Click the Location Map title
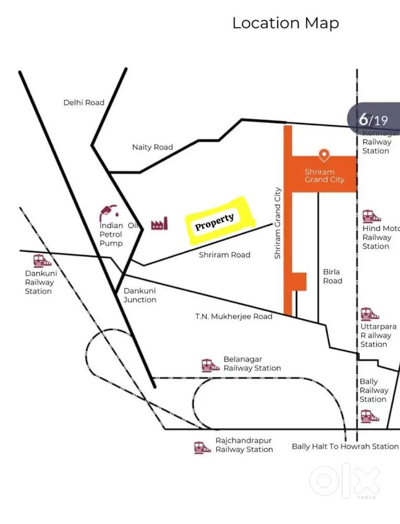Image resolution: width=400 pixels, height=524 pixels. [x=285, y=23]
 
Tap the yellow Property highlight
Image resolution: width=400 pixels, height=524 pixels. [x=219, y=221]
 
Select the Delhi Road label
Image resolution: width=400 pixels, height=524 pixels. [x=84, y=103]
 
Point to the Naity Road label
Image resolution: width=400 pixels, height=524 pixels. [x=152, y=147]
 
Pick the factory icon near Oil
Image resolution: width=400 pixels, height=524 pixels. [x=159, y=223]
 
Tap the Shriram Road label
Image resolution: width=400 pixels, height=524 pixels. [x=224, y=255]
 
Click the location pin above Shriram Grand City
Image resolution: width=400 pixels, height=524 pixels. [x=324, y=155]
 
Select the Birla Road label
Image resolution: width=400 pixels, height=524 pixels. [x=332, y=276]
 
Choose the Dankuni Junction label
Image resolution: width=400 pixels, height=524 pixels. [x=140, y=295]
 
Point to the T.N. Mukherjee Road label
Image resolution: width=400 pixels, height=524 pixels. [x=234, y=316]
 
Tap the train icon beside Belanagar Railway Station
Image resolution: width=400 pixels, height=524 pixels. [x=210, y=365]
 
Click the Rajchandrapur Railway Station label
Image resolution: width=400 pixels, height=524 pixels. [x=244, y=445]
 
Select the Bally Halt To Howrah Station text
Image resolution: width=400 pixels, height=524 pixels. [x=345, y=446]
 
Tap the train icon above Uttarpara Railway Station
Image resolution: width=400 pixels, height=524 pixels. [x=370, y=314]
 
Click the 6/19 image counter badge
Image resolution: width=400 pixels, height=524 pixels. [x=373, y=119]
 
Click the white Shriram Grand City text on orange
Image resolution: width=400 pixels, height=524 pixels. [x=324, y=176]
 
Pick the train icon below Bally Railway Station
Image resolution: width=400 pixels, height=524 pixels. [x=370, y=416]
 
